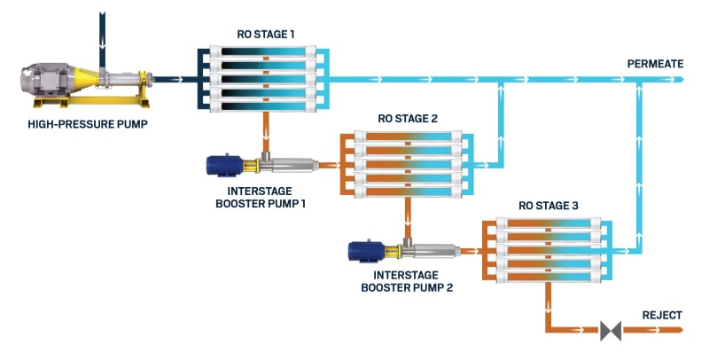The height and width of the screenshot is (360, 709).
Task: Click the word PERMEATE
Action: pyautogui.click(x=655, y=65)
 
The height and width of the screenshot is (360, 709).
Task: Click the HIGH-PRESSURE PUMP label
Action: pyautogui.click(x=86, y=123)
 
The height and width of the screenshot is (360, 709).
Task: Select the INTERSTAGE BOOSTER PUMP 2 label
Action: pyautogui.click(x=408, y=281)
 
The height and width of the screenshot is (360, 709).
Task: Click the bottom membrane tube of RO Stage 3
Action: pyautogui.click(x=549, y=270)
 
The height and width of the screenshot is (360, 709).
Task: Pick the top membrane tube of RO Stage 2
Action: pyautogui.click(x=408, y=137)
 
